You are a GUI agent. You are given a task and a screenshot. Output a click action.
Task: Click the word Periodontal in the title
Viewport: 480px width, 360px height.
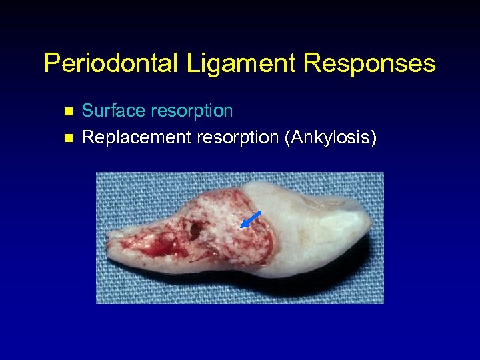[109, 64]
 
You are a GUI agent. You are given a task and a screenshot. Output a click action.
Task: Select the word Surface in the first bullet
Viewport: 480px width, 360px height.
[109, 111]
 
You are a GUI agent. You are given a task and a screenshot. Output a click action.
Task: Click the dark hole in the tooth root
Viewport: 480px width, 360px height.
[194, 231]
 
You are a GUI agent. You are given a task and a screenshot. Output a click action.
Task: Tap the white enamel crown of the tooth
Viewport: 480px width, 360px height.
[313, 227]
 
